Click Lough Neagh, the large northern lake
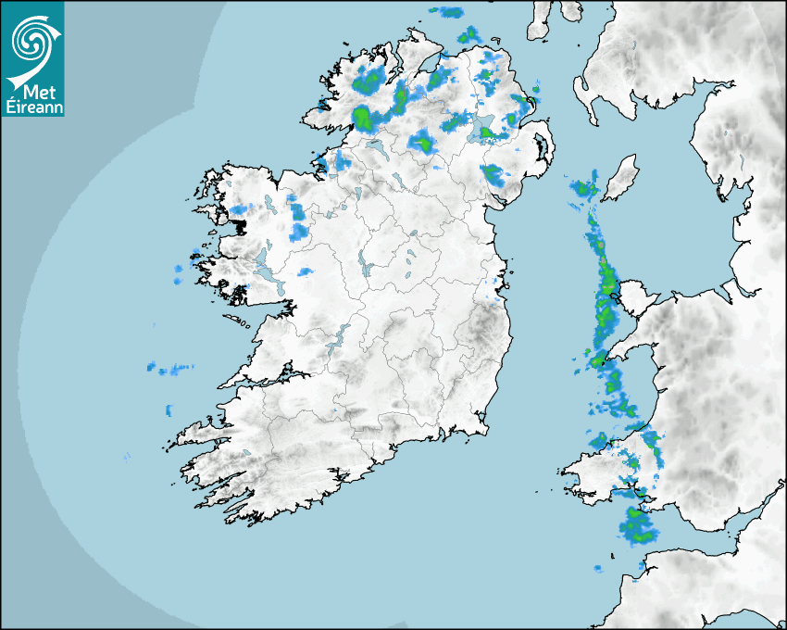tap(483, 130)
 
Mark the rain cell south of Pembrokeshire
tap(638, 525)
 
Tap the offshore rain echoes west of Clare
tap(170, 370)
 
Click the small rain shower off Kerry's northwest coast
tap(169, 409)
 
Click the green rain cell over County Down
tap(493, 173)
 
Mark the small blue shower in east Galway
tap(305, 271)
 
